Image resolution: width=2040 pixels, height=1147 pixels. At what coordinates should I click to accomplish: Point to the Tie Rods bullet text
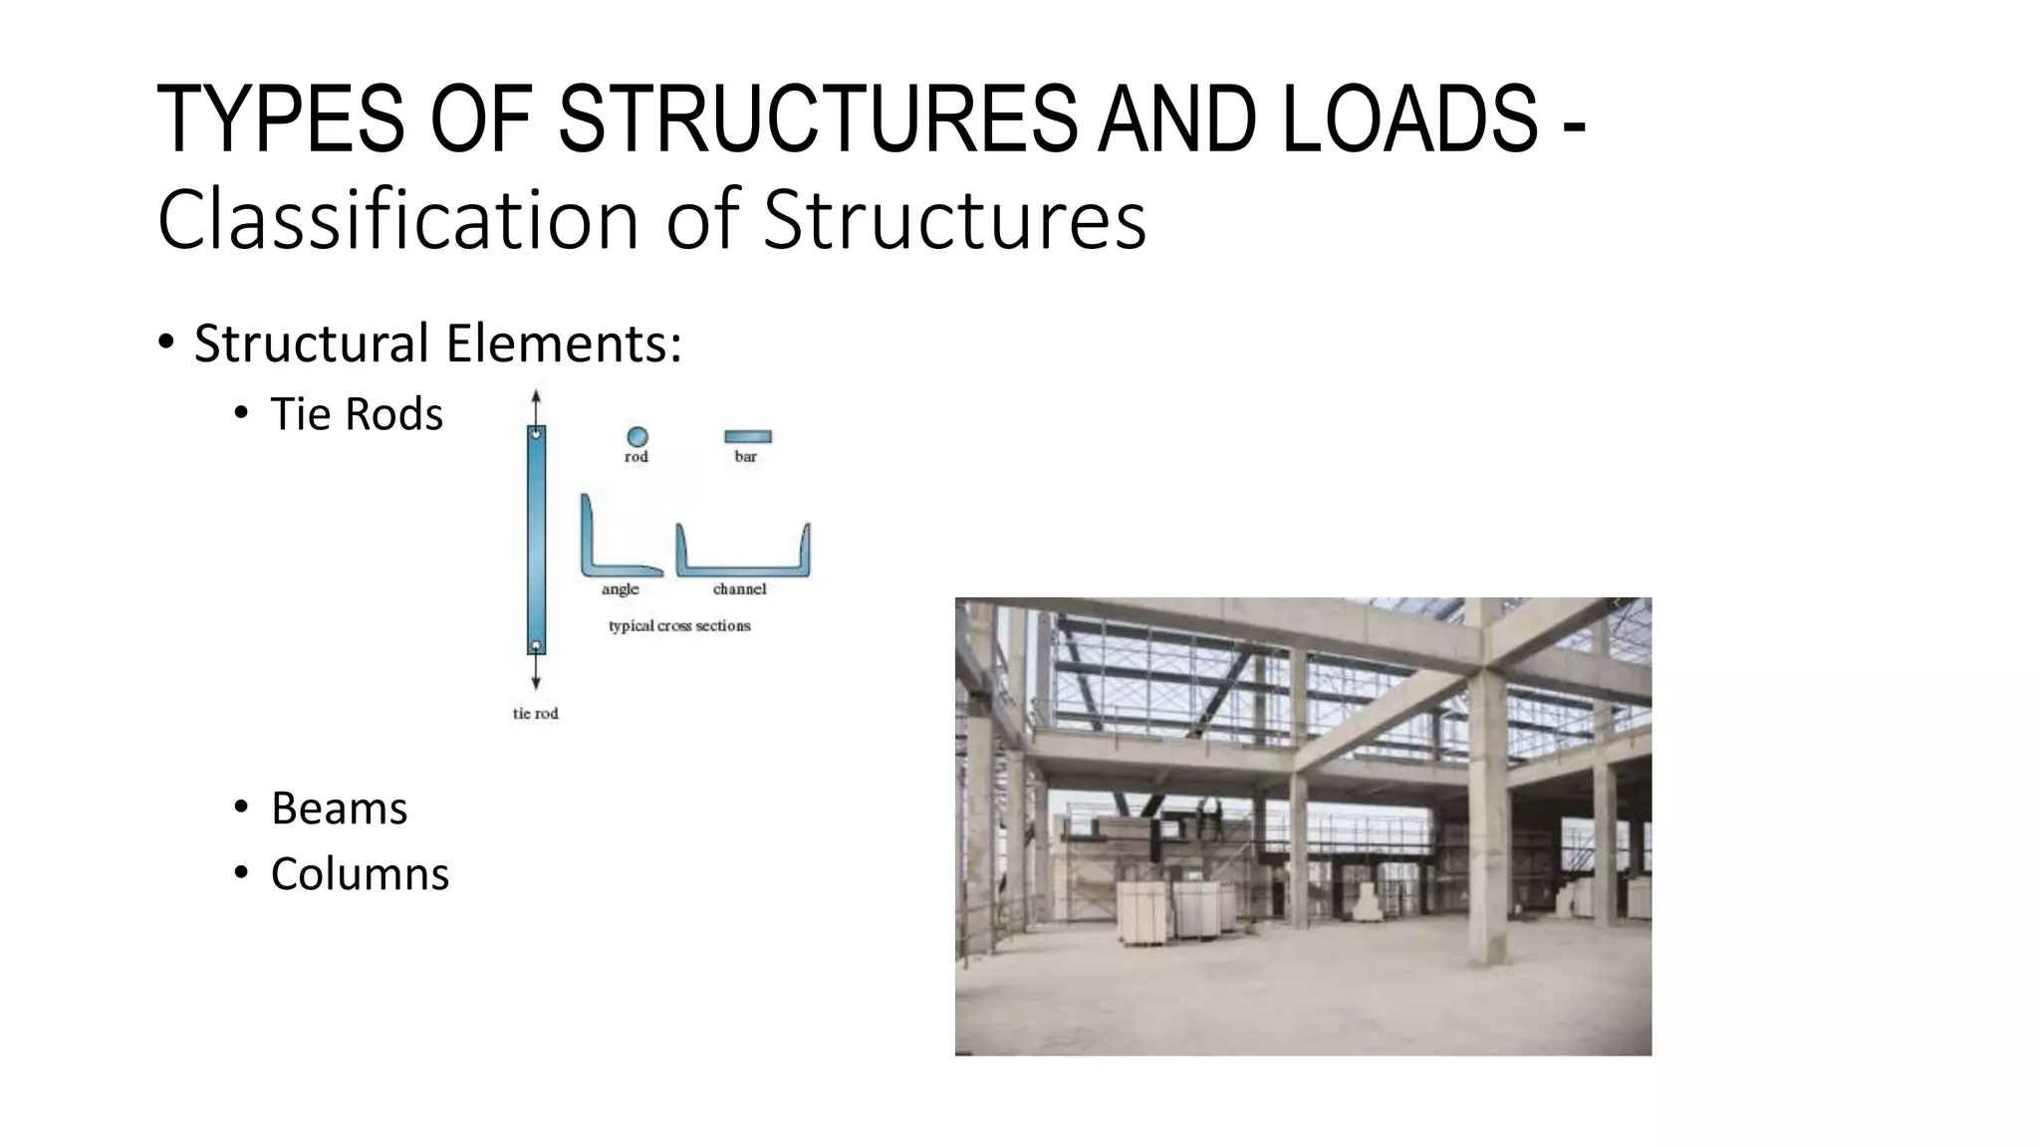coord(356,414)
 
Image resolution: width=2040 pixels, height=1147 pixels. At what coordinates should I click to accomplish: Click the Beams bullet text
coord(339,808)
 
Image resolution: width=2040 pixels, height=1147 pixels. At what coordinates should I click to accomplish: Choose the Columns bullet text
coord(360,874)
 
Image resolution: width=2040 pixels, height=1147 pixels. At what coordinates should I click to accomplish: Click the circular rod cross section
coord(637,436)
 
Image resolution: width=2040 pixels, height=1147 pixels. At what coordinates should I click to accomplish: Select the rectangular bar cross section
coord(747,436)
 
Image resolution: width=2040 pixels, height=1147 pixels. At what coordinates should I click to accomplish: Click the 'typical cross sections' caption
coord(679,625)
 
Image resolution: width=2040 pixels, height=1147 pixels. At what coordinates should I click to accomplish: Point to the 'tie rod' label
coord(535,713)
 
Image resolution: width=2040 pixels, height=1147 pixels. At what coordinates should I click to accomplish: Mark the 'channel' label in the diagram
coord(739,589)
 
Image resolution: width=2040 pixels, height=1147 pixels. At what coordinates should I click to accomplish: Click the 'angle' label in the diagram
coord(620,589)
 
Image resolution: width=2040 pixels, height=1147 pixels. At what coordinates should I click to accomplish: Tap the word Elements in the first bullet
coord(564,344)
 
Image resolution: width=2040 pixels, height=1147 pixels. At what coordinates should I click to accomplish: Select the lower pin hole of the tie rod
coord(536,645)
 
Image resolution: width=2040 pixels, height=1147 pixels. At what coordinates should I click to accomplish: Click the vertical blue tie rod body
coord(536,538)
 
